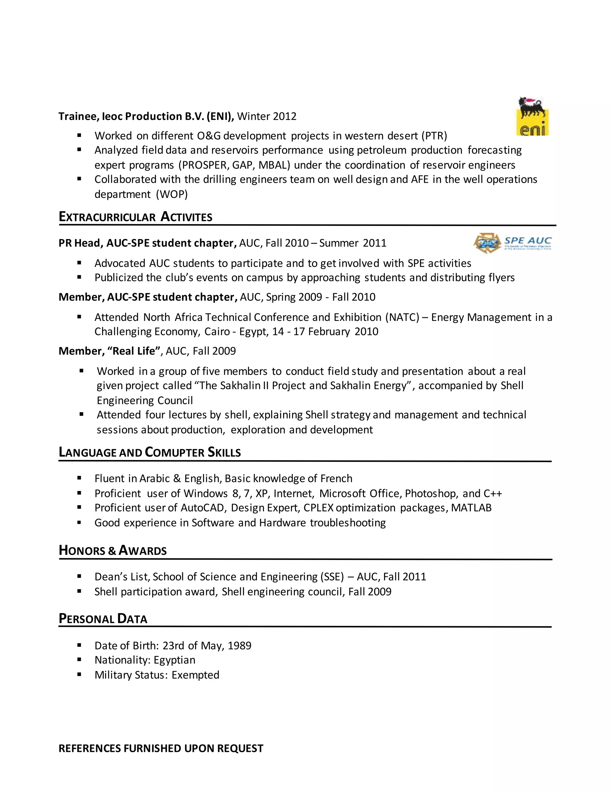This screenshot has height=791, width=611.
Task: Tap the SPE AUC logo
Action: [x=513, y=243]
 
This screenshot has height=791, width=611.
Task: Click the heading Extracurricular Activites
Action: [x=135, y=217]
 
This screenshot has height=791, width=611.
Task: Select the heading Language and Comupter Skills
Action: [x=149, y=452]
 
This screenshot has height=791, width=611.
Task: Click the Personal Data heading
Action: [x=103, y=618]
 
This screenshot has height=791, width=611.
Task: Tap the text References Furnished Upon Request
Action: [x=161, y=748]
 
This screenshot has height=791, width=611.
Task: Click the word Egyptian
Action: [x=174, y=660]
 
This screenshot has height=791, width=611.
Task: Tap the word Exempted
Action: [x=195, y=675]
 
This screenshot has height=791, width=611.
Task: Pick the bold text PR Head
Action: [x=80, y=243]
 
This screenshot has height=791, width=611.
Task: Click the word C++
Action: [x=492, y=493]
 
